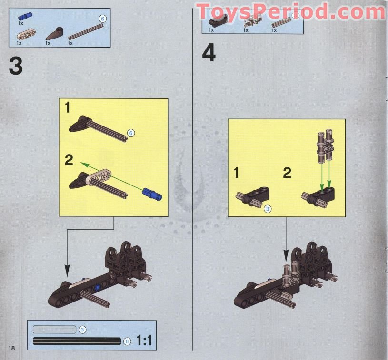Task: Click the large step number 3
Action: (16, 66)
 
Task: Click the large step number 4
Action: (209, 53)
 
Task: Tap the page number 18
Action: (11, 348)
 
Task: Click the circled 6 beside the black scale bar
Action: (127, 341)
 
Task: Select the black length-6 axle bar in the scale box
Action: (76, 341)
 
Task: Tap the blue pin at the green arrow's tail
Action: (152, 194)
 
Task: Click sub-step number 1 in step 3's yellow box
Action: (68, 107)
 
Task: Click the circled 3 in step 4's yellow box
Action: (267, 208)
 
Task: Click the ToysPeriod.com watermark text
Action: (290, 10)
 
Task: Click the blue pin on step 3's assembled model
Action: (97, 287)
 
